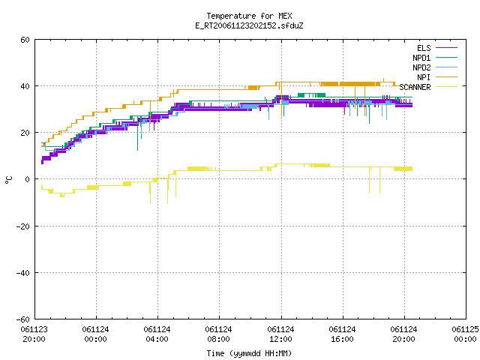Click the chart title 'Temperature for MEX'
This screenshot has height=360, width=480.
[249, 16]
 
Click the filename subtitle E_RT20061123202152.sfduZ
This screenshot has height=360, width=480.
[249, 25]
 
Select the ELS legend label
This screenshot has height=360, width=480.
[424, 48]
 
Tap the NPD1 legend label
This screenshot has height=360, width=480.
[421, 58]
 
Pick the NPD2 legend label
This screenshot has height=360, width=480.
[421, 67]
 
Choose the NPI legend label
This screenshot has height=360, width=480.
[424, 77]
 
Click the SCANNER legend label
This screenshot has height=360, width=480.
[415, 87]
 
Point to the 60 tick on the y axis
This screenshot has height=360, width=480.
[25, 40]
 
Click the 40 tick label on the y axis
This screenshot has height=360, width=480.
[25, 86]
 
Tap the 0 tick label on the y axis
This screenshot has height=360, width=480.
[28, 179]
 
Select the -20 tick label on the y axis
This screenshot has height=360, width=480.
[23, 226]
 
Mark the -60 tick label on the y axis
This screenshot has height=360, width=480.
[23, 319]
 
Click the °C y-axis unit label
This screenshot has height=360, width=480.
[8, 180]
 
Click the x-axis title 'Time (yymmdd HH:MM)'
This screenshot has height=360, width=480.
[249, 353]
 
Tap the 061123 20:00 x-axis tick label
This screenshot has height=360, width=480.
[34, 334]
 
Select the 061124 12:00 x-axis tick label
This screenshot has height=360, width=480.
[280, 334]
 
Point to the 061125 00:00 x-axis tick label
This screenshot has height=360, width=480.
[465, 334]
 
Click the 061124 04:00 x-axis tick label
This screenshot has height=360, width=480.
[157, 334]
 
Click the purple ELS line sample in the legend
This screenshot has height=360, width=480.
[447, 48]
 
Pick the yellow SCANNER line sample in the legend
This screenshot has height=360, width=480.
[447, 87]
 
